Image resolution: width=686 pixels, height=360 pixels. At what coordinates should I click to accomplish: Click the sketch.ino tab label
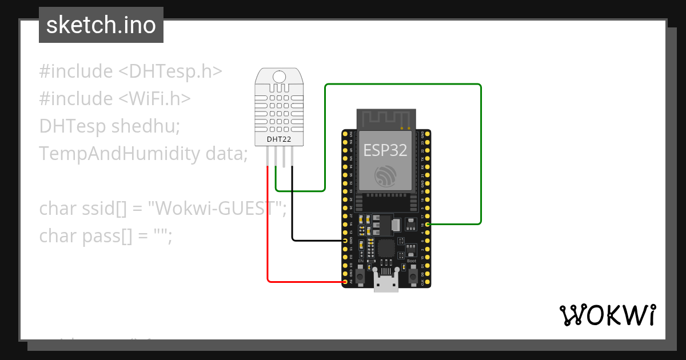coord(101,25)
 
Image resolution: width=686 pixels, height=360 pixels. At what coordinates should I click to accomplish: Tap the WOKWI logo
coord(607,315)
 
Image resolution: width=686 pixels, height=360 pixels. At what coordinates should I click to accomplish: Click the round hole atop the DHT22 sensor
coord(280,77)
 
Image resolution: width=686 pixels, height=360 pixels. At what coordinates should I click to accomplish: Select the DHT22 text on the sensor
coord(280,138)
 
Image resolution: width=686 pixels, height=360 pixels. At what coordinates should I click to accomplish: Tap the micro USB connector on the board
coord(386,282)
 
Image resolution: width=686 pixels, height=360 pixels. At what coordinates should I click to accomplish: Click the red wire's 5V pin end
coord(345,282)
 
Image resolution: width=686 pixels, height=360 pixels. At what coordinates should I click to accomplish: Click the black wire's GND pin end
coord(345,241)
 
